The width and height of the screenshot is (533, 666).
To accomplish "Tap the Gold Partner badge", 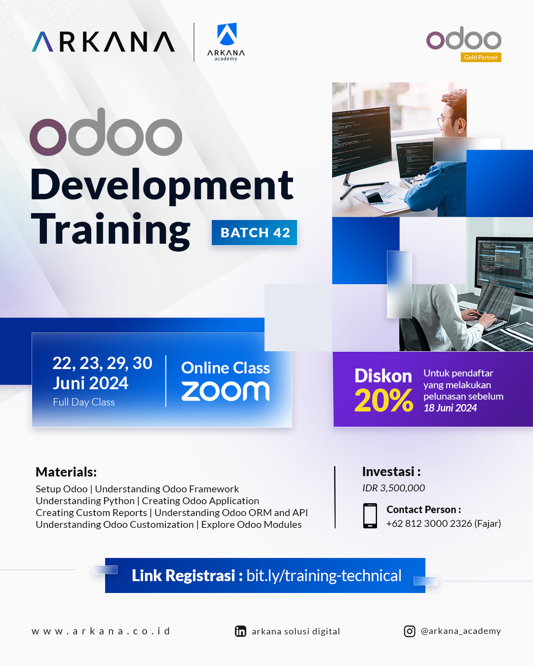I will point(481,57).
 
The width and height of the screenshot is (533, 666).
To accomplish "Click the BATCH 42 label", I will point(255,232).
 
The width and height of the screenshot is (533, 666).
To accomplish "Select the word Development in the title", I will point(162,185).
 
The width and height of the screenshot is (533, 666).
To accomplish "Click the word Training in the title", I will point(111,229).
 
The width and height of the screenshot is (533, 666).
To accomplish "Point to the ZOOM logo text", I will point(226,391).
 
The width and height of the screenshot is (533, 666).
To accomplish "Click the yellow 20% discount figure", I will point(383,401).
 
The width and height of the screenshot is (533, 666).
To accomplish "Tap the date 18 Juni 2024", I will point(450,408).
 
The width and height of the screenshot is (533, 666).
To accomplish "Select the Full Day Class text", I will point(84,402).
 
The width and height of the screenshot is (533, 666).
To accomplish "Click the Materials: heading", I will point(66,472).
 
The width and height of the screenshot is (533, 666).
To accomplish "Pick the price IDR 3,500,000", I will point(393,488).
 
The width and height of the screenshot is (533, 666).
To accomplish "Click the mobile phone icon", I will point(370,516).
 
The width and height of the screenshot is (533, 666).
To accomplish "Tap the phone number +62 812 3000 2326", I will point(429,523).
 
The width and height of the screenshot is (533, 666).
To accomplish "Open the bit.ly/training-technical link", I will point(324,576).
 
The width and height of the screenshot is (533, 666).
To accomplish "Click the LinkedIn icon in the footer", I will point(240,631).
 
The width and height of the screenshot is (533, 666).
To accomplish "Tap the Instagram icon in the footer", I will point(410,631).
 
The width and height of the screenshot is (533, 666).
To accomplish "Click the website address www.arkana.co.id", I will point(101,631).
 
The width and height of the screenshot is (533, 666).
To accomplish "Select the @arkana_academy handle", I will point(460,631).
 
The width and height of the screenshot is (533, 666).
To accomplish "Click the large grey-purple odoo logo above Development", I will point(106,133).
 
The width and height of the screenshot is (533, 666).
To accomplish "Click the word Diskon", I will point(383,376).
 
